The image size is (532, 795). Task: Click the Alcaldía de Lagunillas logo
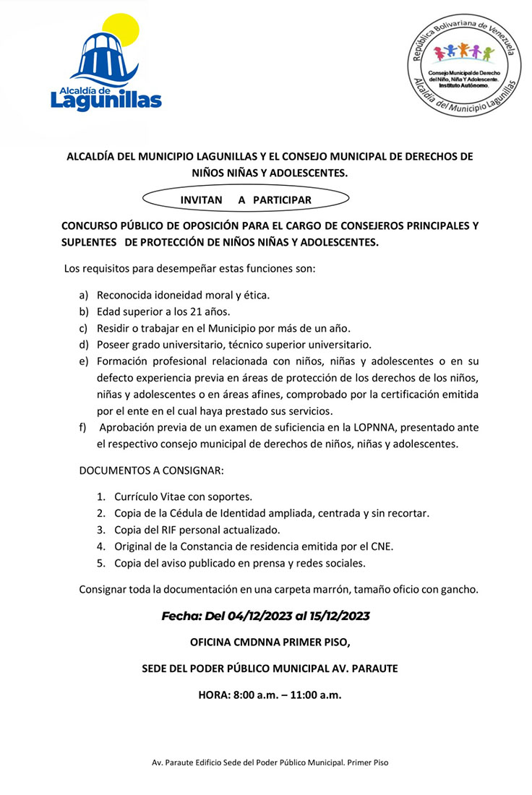[106, 65]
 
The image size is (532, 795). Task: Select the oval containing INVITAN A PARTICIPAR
[246, 199]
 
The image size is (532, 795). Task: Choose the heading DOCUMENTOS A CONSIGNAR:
[151, 470]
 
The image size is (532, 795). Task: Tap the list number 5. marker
[101, 562]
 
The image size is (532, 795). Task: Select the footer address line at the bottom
[265, 762]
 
